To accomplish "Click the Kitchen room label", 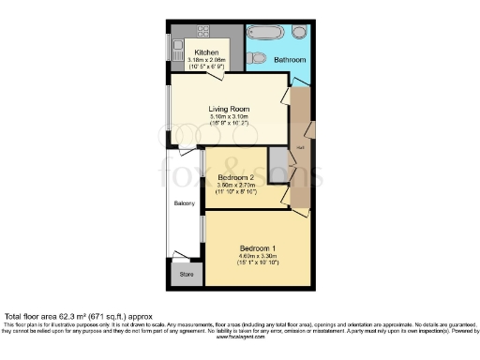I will pos(206,52).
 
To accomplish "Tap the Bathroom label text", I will pos(290,60).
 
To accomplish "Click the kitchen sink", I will pos(175,46).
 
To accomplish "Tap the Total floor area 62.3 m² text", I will pos(75,317).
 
